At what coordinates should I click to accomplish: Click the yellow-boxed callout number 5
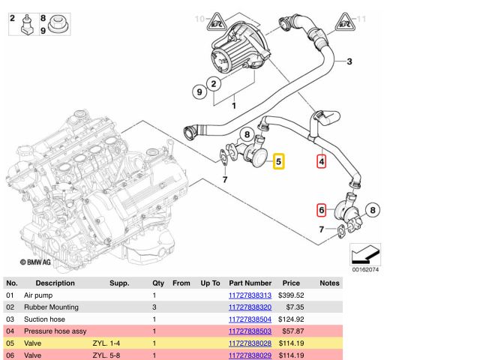coord(277,160)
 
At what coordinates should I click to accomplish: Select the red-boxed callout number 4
coord(322,160)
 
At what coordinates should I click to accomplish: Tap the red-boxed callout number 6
coord(321,211)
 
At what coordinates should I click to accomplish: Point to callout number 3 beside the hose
coord(349,61)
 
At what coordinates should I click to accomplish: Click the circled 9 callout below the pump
coord(199,91)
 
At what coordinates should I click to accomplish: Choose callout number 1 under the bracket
coord(232,106)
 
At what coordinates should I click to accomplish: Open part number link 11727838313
coord(251,296)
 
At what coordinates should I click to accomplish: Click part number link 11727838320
coord(251,307)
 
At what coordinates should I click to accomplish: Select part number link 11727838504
coord(251,319)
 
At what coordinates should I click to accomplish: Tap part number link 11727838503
coord(251,331)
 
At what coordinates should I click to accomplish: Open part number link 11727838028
coord(251,343)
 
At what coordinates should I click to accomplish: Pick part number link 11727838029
coord(251,354)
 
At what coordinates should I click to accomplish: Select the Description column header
coord(55,283)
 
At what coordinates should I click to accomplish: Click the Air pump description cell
coord(39,296)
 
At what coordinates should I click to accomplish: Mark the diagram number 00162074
coord(364,269)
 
